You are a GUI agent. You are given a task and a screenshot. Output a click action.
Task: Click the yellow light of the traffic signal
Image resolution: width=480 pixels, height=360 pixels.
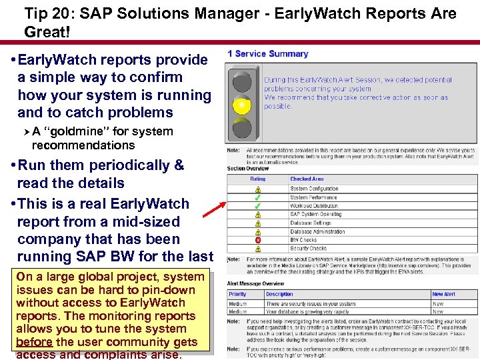point(241,105)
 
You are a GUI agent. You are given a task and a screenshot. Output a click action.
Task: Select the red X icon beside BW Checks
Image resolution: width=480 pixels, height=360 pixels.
point(257,240)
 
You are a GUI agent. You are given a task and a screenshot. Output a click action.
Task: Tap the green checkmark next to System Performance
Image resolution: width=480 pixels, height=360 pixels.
point(257,197)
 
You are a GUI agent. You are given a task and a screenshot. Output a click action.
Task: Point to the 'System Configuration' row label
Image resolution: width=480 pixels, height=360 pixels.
point(314,189)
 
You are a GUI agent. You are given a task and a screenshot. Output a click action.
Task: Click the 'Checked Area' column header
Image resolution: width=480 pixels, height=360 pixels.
point(307,179)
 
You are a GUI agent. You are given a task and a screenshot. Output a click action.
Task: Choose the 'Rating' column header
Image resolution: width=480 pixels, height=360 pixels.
point(257,179)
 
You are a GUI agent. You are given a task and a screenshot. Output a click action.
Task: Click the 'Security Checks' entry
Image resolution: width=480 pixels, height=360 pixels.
point(308,249)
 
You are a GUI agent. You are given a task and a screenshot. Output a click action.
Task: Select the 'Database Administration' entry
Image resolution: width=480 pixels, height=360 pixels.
point(317,231)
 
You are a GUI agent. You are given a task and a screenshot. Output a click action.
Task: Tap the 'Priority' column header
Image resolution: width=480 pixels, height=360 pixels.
point(238,294)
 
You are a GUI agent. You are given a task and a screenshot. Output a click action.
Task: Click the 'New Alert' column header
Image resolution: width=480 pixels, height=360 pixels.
point(443,294)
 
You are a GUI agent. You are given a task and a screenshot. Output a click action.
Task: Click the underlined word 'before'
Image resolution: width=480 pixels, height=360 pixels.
point(35,342)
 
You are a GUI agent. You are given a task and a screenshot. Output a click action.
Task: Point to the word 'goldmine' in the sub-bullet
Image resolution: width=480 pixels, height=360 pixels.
point(73,131)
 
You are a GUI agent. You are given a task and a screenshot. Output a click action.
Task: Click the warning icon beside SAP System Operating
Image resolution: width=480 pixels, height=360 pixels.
point(257,215)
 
